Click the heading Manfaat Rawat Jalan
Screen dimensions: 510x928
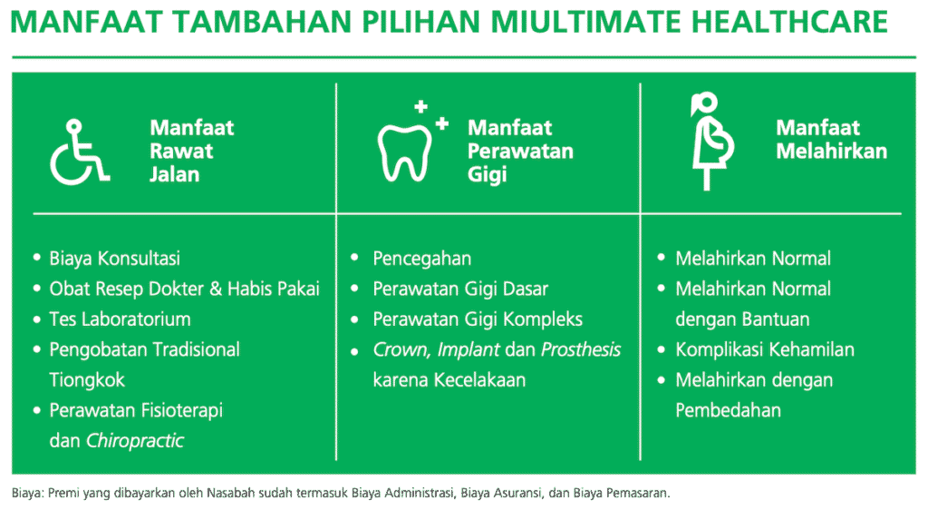coord(191,151)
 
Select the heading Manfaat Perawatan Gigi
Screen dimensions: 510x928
coord(519,151)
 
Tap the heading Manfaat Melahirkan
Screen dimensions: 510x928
coord(830,140)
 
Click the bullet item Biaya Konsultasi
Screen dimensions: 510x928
coord(114,259)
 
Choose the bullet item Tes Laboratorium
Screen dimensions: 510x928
coord(120,319)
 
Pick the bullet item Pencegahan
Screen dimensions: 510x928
coord(421,259)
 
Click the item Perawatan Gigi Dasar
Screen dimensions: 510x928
coord(460,289)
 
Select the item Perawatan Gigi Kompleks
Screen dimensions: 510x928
coord(478,319)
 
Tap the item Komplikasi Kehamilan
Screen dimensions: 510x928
coord(764,349)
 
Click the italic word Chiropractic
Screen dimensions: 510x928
coord(134,441)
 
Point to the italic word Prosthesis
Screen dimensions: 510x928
coord(581,349)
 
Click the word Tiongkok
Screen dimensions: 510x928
coord(87,379)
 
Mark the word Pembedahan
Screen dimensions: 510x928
coord(728,410)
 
